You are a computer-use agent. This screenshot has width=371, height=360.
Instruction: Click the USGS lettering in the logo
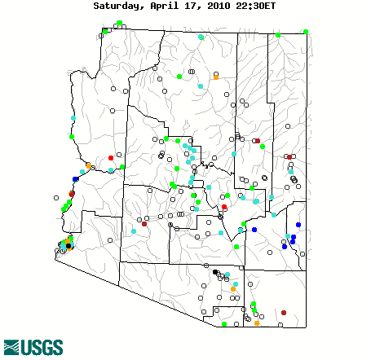pos(42,348)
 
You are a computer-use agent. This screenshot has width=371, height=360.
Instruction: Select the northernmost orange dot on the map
pos(216,76)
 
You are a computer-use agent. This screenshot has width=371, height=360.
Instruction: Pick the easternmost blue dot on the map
pos(298,225)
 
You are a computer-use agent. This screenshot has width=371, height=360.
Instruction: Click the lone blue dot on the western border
pos(76,179)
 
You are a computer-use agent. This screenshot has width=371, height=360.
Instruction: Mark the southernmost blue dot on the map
pos(285,246)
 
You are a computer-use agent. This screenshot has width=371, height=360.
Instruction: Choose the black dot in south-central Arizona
pos(215,273)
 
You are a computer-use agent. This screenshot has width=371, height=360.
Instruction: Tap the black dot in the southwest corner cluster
pos(68,246)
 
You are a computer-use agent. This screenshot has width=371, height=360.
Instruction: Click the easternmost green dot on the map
pos(306,32)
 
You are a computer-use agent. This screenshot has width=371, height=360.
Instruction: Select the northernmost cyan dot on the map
pos(201,37)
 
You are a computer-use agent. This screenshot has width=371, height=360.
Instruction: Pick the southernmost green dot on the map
pos(224,324)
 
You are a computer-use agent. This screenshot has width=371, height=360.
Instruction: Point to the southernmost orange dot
pos(257,323)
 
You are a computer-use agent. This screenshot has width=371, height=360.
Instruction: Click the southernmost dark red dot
pos(284,312)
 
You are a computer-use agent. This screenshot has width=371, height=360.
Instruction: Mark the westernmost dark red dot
pos(72,194)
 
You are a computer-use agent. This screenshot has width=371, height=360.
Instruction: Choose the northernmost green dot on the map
pos(120,22)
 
